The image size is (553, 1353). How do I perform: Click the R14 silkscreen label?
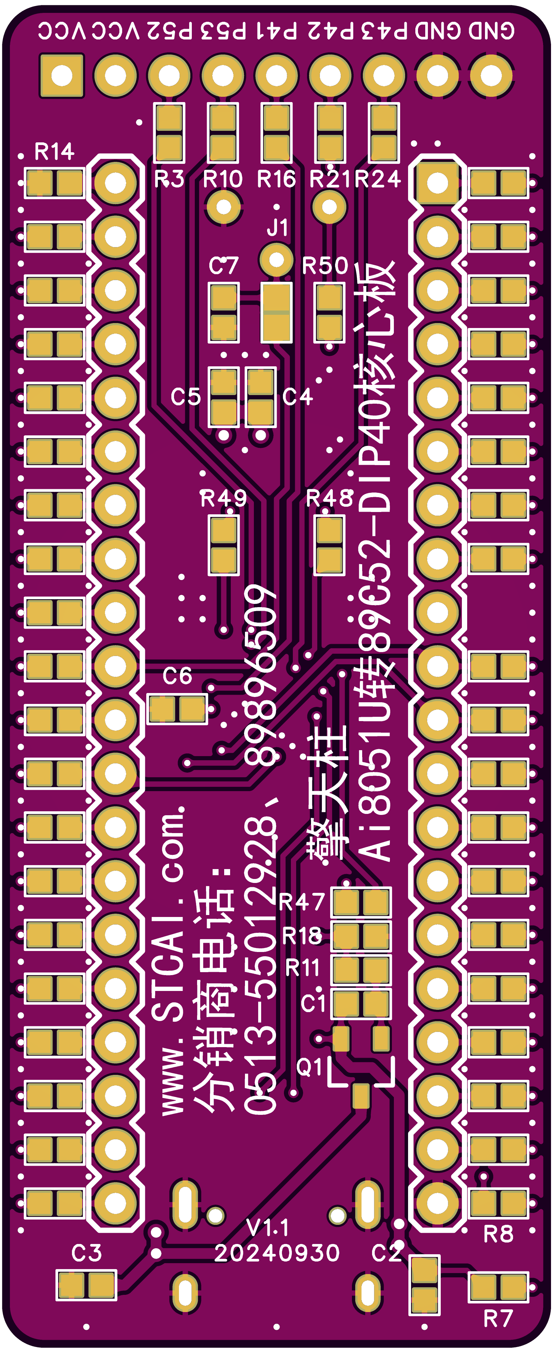(x=54, y=152)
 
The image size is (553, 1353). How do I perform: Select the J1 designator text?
(x=278, y=228)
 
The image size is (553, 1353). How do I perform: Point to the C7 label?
(x=224, y=266)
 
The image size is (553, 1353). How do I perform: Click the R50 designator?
(x=325, y=266)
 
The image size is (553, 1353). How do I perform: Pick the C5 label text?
(x=186, y=396)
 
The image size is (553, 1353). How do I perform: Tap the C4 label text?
(x=297, y=396)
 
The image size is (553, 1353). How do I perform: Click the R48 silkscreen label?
(x=329, y=498)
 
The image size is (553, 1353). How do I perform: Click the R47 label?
(x=302, y=902)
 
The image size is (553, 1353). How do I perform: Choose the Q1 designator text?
(x=310, y=1066)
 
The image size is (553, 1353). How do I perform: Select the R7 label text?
(x=498, y=1318)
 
